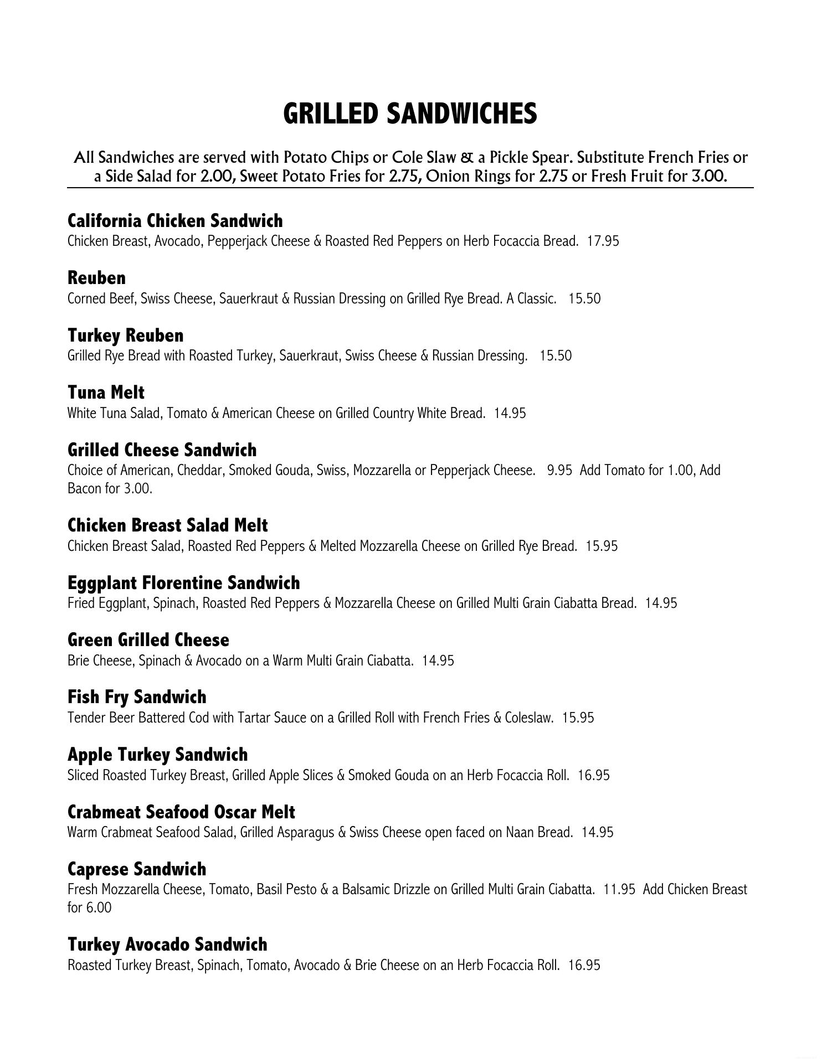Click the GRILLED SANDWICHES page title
pos(410,113)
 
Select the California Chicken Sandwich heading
pos(175,221)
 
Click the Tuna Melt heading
pos(106,393)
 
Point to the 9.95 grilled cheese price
pos(559,471)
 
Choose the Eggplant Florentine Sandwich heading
pos(184,583)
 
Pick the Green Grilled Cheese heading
pos(148,640)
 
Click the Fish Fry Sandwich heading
pos(137,697)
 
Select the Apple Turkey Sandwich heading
pos(157,755)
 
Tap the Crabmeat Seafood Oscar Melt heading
pos(181,812)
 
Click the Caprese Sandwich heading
pos(137,869)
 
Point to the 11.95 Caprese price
pos(619,890)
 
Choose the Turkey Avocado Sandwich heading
pos(167,945)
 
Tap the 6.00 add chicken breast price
pos(99,908)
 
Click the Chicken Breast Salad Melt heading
pos(167,525)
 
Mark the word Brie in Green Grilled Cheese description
pos(79,661)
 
